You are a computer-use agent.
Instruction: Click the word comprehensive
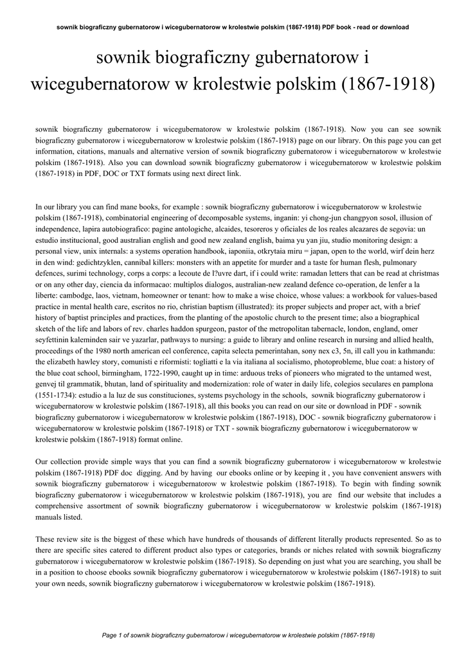[62, 506]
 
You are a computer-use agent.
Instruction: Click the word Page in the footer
[109, 635]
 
